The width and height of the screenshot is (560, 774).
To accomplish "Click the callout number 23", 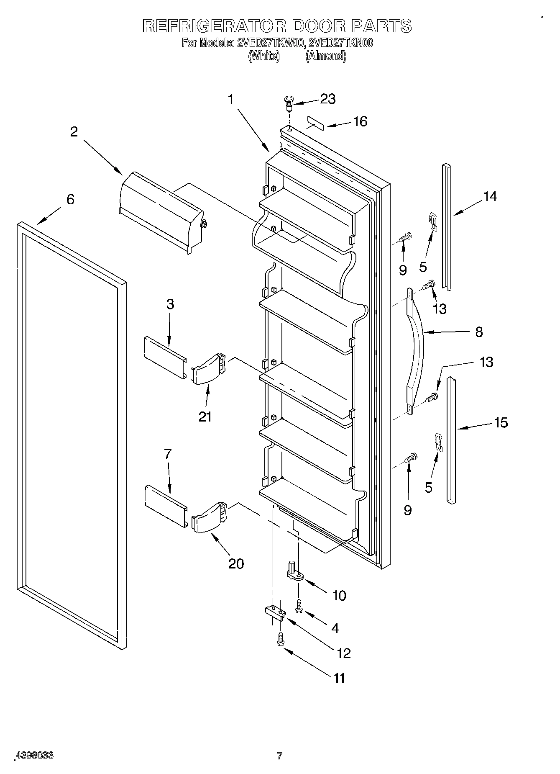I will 327,99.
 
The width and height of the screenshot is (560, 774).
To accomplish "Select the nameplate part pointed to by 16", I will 316,124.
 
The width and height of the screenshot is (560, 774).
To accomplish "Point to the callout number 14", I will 490,196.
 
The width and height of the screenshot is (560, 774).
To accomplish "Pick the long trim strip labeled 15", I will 451,440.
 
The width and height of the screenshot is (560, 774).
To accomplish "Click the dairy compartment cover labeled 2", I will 161,213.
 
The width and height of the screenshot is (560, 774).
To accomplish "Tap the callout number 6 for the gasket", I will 70,199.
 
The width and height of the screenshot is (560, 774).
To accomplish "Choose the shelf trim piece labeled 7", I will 166,507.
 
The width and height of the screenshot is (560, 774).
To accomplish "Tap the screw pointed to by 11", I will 281,640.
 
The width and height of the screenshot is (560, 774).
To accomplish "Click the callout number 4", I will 334,627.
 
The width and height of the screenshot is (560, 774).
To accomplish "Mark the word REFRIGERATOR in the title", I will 214,26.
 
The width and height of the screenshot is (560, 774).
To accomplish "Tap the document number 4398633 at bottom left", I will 34,756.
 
